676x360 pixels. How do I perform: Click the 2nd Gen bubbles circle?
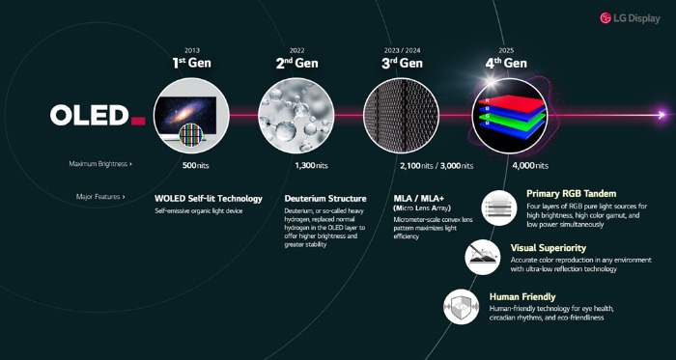(296, 115)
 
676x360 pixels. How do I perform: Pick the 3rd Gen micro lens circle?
(402, 115)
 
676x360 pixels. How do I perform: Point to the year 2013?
(191, 49)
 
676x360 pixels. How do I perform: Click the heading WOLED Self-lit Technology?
(209, 198)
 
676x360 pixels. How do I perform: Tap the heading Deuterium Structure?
(325, 198)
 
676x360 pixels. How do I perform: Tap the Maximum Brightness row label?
(100, 165)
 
